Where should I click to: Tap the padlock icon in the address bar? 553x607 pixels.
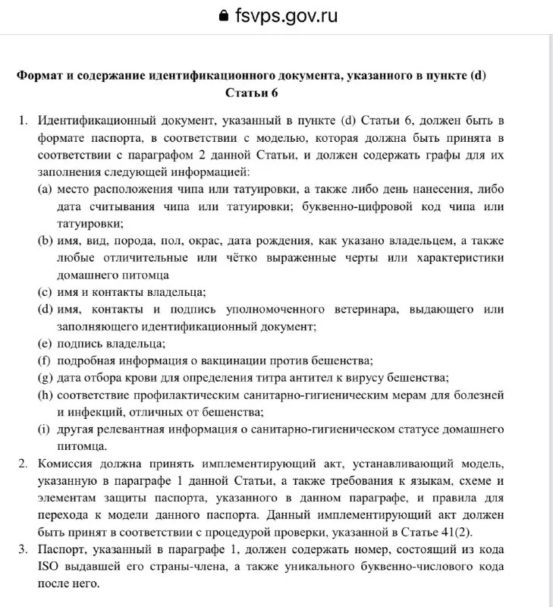click(222, 16)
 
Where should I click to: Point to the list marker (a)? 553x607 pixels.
click(45, 189)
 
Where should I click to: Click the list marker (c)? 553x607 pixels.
click(45, 292)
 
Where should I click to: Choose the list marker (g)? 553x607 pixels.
click(45, 378)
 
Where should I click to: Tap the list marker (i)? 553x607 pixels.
click(44, 429)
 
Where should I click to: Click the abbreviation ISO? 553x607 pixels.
click(49, 567)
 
